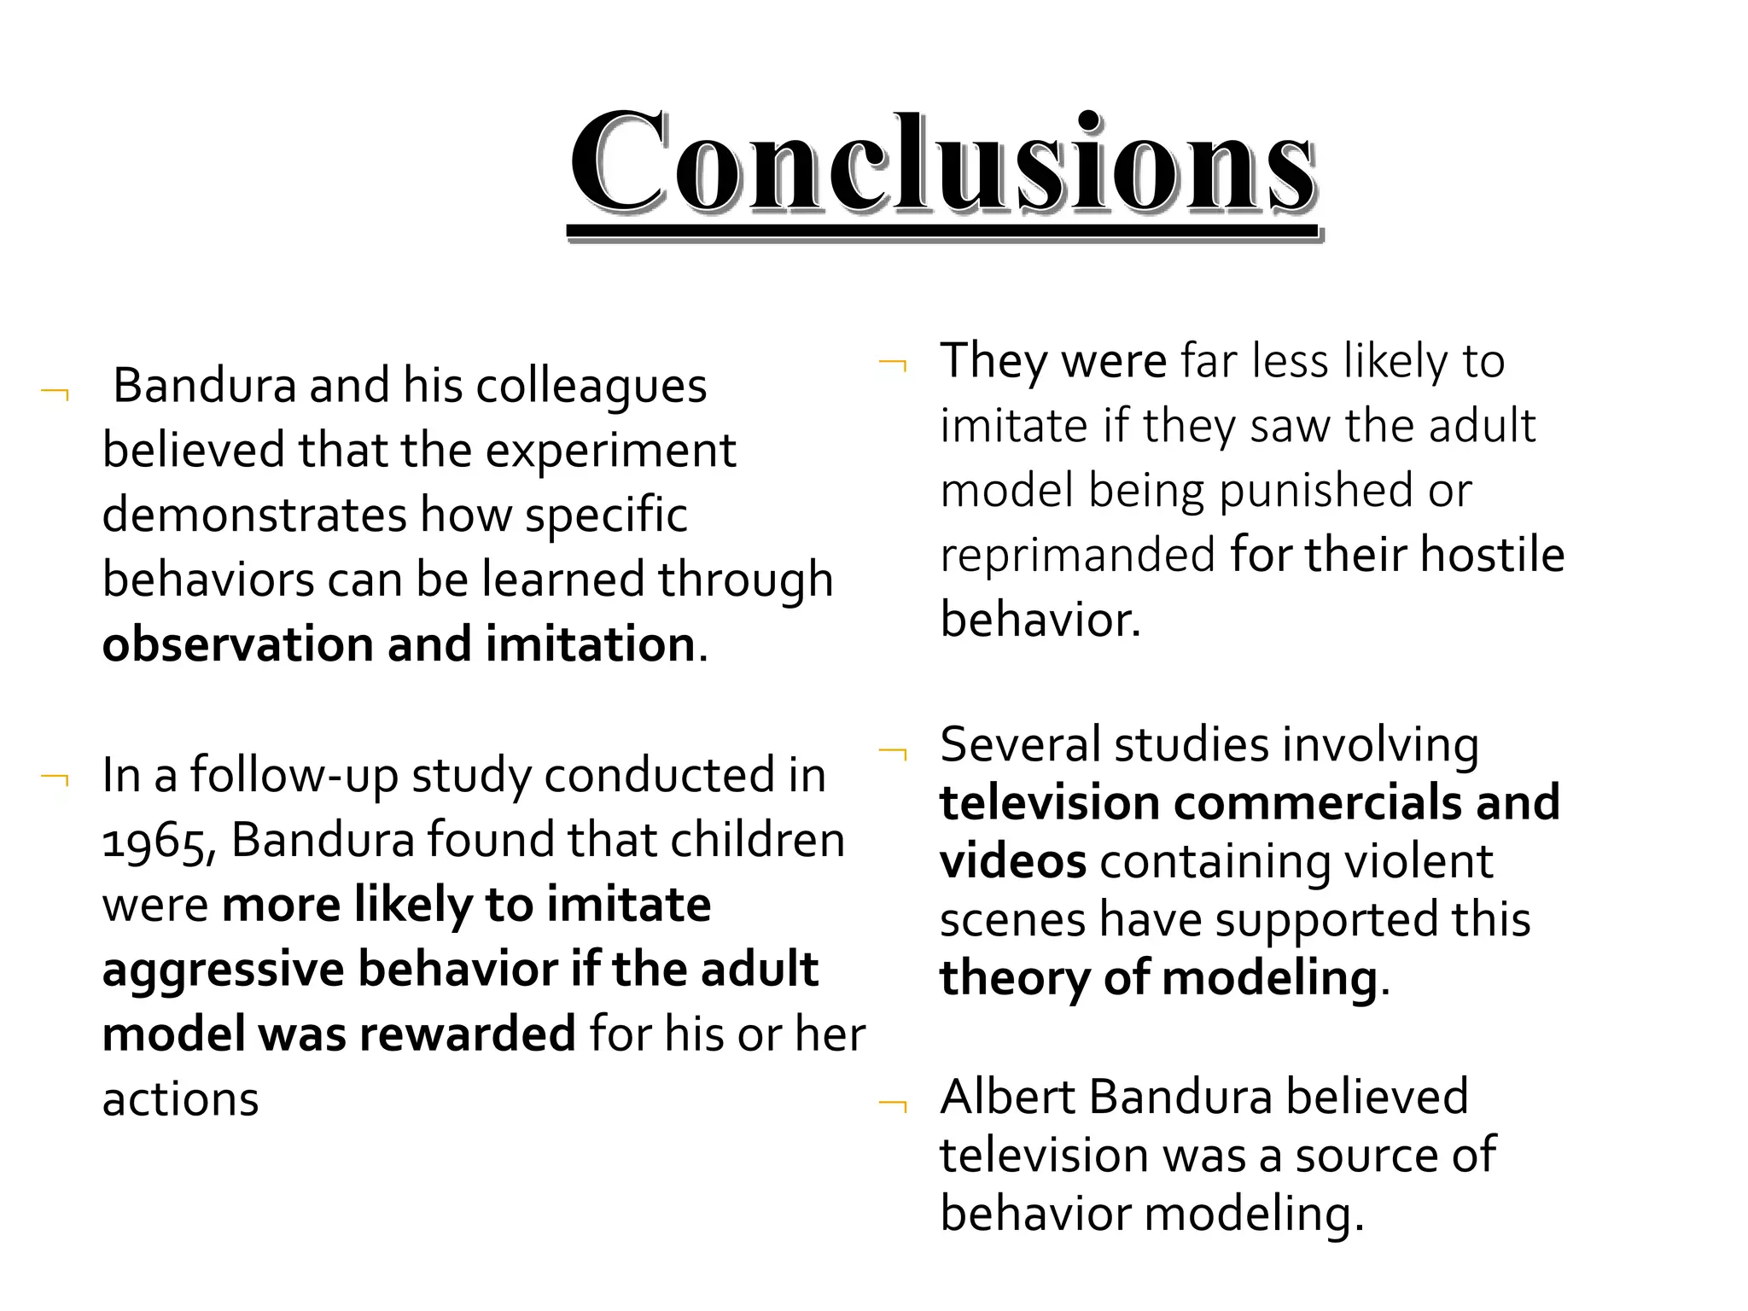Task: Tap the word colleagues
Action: [591, 387]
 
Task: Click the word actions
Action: [180, 1100]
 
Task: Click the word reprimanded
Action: [1077, 556]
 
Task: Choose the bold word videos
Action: [1012, 862]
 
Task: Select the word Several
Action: [1019, 745]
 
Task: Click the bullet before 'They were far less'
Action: [893, 365]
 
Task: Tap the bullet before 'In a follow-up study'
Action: [55, 778]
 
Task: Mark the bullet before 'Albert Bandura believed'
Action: [893, 1105]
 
